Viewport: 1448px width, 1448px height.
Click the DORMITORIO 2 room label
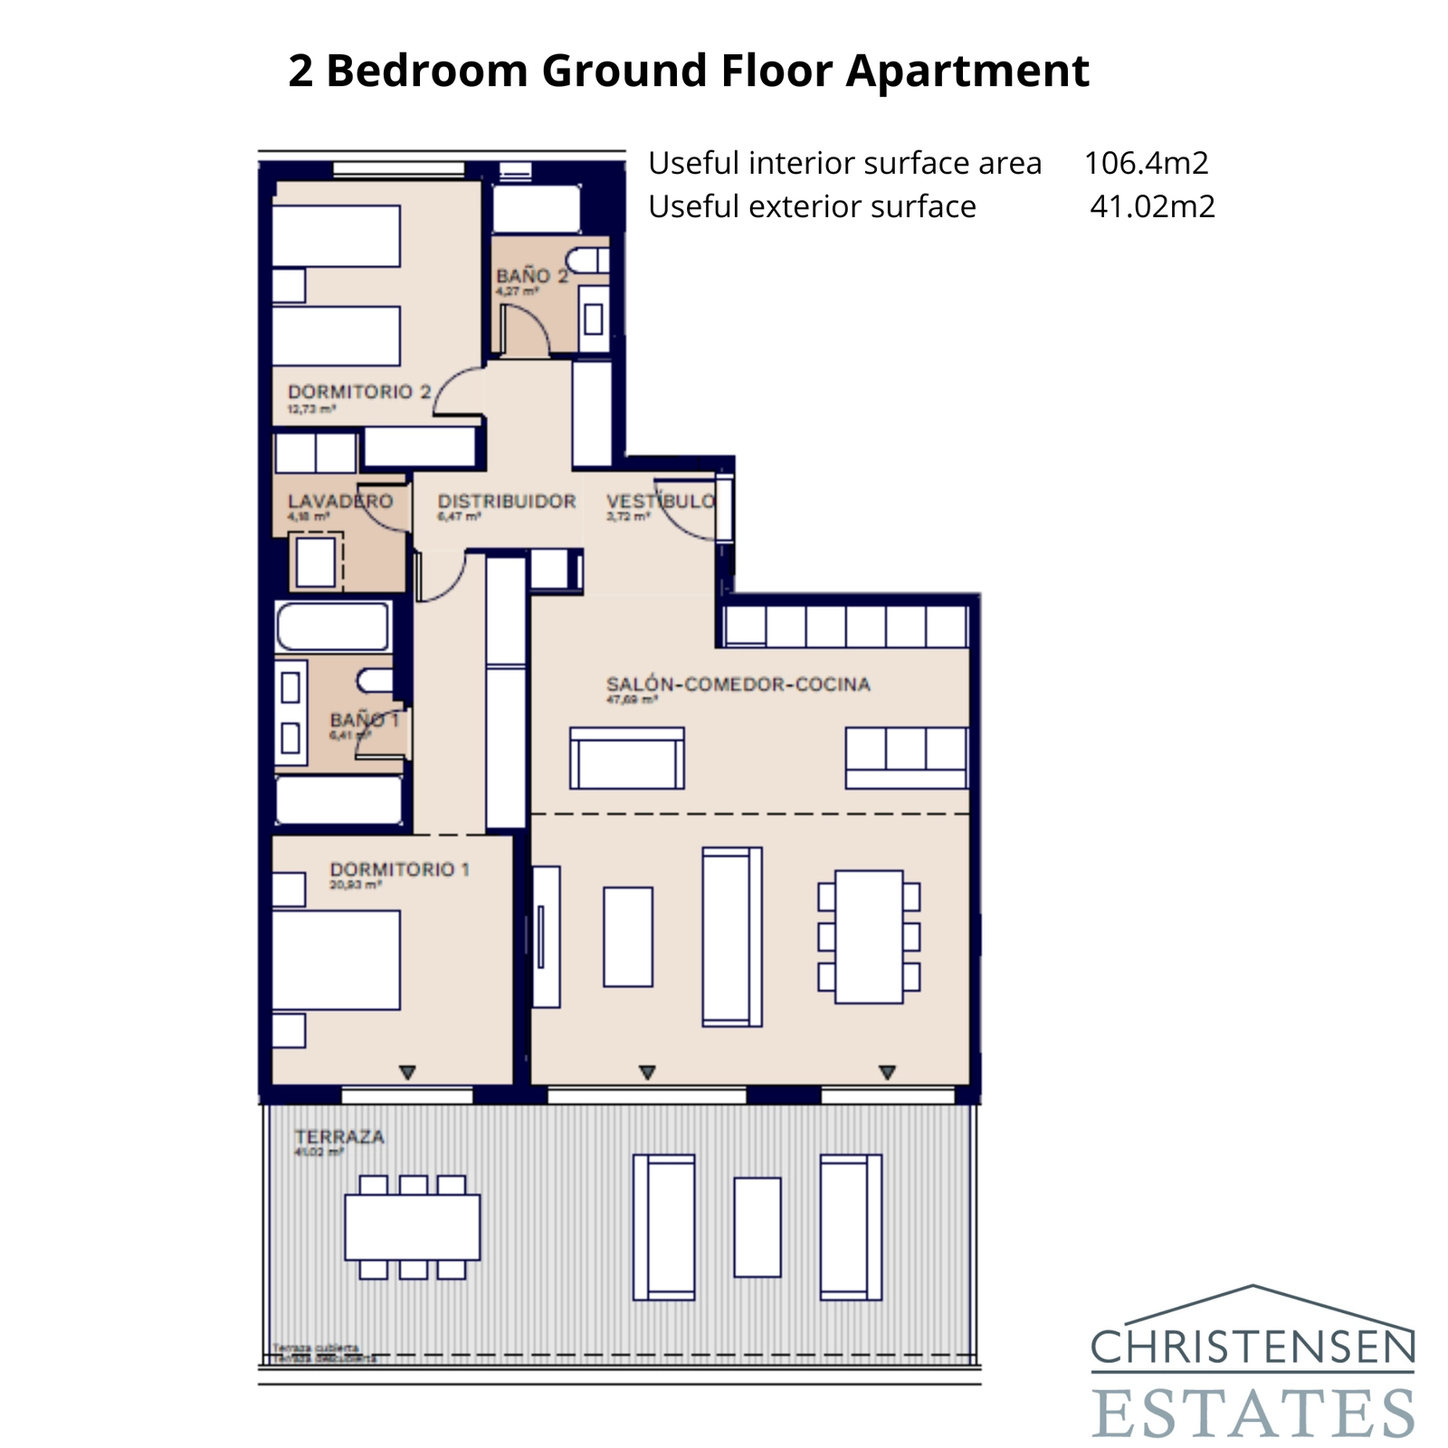tap(359, 392)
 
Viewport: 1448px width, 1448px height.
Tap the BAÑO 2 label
tap(531, 275)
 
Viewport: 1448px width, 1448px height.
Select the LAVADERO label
tap(340, 501)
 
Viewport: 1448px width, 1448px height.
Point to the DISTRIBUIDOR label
tap(507, 501)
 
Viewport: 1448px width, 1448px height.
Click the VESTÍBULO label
tap(661, 501)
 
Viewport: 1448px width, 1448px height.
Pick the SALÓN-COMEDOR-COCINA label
tap(738, 684)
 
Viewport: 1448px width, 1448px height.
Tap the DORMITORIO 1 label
tap(399, 870)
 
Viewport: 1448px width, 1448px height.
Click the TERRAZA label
tap(339, 1137)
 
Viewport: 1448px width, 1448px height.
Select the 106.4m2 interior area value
tap(1146, 163)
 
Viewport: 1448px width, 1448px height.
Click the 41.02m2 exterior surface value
tap(1152, 206)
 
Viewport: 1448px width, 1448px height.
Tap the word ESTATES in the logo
tap(1253, 1413)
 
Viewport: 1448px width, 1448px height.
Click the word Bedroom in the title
tap(426, 71)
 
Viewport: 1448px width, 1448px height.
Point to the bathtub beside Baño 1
tap(333, 626)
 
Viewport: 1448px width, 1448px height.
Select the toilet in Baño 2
tap(588, 261)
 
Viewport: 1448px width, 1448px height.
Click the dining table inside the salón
tap(869, 937)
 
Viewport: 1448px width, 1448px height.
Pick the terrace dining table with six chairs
tap(412, 1227)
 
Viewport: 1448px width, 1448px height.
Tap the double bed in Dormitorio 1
tap(336, 959)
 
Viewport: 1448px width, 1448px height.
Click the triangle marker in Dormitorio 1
tap(407, 1072)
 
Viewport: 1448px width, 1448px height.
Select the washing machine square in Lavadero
tap(316, 562)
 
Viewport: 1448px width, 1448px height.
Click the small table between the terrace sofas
tap(757, 1227)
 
